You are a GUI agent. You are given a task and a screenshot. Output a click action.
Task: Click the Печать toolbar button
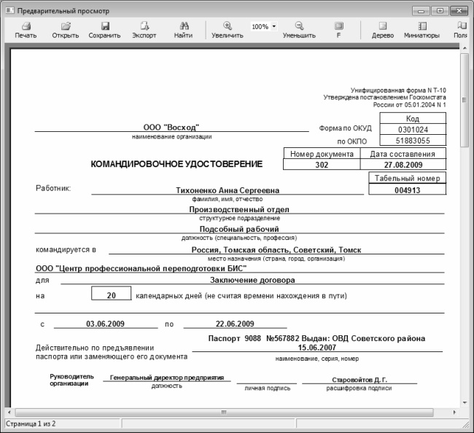pyautogui.click(x=26, y=30)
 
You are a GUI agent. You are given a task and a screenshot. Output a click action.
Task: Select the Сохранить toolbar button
pyautogui.click(x=104, y=30)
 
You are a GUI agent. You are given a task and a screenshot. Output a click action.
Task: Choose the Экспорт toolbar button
pyautogui.click(x=144, y=30)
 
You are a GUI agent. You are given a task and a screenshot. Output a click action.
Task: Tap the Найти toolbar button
pyautogui.click(x=184, y=30)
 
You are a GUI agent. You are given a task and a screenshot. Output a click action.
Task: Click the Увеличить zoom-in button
pyautogui.click(x=228, y=30)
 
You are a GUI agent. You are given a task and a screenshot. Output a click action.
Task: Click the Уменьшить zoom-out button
pyautogui.click(x=299, y=30)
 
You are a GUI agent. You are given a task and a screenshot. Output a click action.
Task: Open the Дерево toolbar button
pyautogui.click(x=382, y=30)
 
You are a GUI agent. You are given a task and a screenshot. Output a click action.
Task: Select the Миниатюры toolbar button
pyautogui.click(x=421, y=30)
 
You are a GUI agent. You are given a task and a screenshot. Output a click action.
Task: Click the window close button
pyautogui.click(x=459, y=10)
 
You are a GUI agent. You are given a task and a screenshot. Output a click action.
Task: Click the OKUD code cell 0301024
pyautogui.click(x=413, y=129)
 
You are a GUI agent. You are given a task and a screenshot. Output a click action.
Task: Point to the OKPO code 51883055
pyautogui.click(x=413, y=141)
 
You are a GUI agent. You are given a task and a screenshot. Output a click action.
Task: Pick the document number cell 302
pyautogui.click(x=322, y=165)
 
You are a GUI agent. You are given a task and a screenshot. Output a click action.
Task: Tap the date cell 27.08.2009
pyautogui.click(x=403, y=165)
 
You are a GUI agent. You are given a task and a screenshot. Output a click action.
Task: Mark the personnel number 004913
pyautogui.click(x=408, y=190)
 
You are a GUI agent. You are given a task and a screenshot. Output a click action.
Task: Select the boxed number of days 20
pyautogui.click(x=111, y=295)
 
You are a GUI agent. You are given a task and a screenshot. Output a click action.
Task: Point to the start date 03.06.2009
pyautogui.click(x=106, y=324)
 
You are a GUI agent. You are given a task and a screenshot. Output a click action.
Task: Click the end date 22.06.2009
pyautogui.click(x=235, y=324)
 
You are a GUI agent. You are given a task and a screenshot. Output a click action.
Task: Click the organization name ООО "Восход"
pyautogui.click(x=171, y=128)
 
